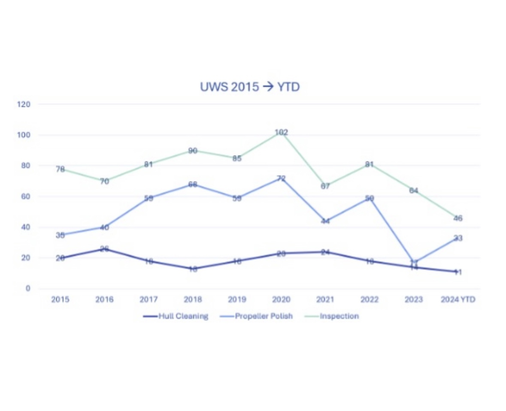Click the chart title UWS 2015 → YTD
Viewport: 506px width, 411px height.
tap(249, 87)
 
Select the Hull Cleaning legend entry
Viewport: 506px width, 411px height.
tap(176, 316)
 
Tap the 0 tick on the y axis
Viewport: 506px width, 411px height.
tap(28, 288)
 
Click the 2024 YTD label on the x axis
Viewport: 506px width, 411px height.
tap(458, 299)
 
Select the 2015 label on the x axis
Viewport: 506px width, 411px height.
tap(60, 299)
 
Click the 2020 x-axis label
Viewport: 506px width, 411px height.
tap(281, 299)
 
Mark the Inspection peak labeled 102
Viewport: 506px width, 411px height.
tap(281, 133)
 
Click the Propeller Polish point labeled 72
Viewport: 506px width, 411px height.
tap(281, 178)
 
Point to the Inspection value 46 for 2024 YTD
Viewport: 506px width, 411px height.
tap(458, 218)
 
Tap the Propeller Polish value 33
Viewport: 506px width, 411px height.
tap(458, 238)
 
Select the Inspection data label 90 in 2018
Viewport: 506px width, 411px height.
tap(193, 151)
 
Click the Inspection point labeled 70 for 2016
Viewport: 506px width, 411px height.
tap(104, 181)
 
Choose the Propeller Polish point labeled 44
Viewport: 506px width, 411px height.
tap(325, 221)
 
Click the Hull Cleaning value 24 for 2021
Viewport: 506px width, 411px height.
tap(325, 252)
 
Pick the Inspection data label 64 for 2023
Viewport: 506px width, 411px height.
tap(413, 190)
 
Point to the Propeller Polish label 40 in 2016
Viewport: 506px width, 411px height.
tap(104, 227)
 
